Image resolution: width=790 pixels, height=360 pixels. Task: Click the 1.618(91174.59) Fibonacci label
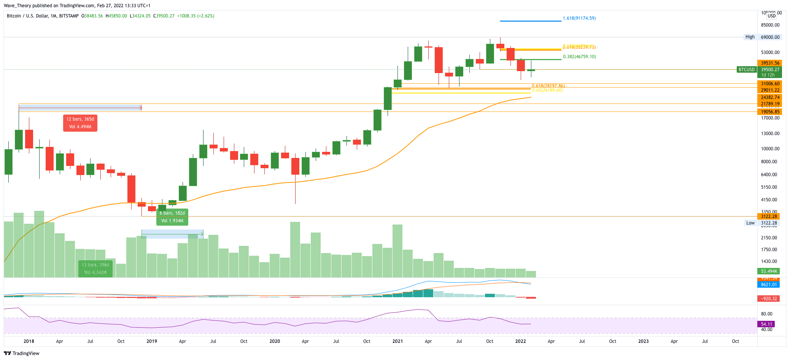579,18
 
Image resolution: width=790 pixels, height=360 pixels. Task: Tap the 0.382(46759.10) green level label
579,57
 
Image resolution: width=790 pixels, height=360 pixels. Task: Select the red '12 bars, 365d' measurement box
80,123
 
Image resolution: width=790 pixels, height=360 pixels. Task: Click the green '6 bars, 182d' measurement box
172,217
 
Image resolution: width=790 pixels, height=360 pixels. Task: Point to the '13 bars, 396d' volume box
95,268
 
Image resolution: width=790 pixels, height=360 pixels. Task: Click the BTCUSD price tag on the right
746,70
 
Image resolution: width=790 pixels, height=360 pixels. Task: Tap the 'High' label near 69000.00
750,37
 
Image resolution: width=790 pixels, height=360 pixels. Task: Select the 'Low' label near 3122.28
750,223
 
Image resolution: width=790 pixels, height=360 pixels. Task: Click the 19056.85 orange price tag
770,112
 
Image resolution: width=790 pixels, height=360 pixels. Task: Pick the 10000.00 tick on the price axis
770,149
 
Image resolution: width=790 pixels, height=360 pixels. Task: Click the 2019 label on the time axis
152,341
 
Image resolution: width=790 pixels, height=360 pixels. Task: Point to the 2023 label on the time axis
644,341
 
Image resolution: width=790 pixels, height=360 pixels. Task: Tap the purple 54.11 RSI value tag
766,324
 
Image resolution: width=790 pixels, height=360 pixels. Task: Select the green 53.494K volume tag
769,271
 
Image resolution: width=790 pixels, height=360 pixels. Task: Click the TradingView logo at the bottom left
22,353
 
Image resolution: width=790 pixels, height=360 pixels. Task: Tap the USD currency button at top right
771,16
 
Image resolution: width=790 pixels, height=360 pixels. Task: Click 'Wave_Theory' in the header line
17,6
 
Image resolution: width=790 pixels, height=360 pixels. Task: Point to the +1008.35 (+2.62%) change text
196,16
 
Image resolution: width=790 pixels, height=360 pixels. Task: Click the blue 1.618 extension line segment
530,21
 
